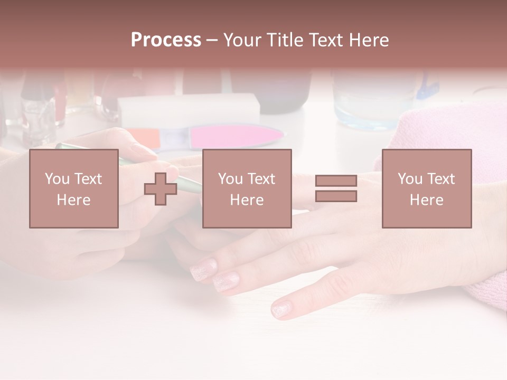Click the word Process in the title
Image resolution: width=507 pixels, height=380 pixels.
pos(166,40)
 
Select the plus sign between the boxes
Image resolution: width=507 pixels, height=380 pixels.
pos(161,189)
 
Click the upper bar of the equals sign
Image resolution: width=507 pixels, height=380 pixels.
pos(336,180)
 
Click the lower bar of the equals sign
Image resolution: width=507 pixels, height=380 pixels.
pos(336,196)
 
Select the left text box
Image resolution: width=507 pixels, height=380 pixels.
pos(73,188)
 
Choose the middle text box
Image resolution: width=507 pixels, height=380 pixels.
pos(247,188)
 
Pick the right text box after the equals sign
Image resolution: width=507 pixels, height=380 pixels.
pos(426,188)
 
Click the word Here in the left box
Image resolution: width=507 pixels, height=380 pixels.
pos(73,199)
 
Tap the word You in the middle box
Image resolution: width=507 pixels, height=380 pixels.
pos(230,179)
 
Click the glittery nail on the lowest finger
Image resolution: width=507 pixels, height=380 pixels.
pos(282,309)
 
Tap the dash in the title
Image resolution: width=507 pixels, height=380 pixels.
pos(212,40)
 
